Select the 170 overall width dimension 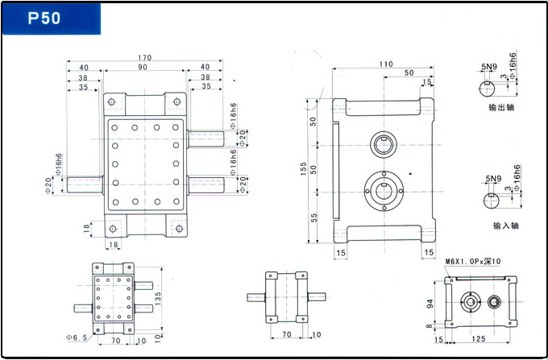pos(144,58)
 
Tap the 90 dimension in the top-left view pos(142,68)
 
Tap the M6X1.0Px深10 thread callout pos(472,262)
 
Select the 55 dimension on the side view pos(313,217)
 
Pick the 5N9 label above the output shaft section pos(488,67)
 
